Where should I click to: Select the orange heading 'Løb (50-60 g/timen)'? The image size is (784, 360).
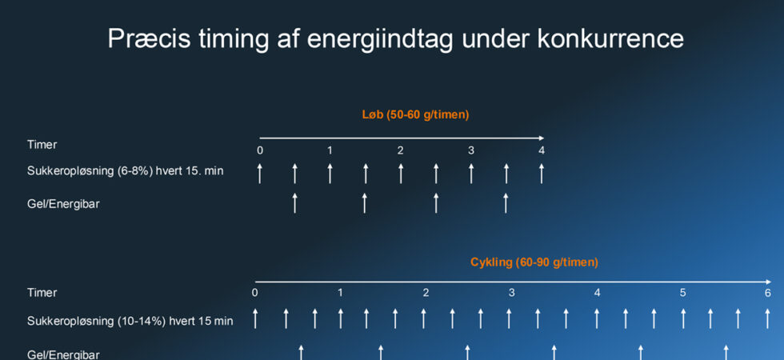pos(415,114)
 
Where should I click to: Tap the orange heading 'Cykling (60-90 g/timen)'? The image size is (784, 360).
pos(534,262)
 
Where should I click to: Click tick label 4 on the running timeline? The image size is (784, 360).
pos(542,150)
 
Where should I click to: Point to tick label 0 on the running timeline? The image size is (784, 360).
pos(260,150)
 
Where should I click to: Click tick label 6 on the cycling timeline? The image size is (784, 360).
pos(767,293)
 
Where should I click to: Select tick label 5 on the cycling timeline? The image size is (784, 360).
pos(682,293)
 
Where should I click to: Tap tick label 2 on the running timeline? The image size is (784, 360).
pos(401,150)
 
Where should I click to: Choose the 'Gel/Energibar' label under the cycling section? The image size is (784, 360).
pos(63,354)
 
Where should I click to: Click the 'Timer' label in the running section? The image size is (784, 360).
pos(42,145)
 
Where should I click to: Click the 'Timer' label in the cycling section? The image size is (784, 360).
pos(42,293)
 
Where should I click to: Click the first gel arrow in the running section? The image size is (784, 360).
pos(295,202)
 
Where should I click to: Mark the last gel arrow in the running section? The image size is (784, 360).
pos(506,202)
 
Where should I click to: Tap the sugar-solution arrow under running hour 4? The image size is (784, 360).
pos(542,173)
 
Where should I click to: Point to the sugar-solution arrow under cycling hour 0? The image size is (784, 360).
pos(255,318)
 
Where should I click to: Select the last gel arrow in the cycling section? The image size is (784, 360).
pos(726,352)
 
